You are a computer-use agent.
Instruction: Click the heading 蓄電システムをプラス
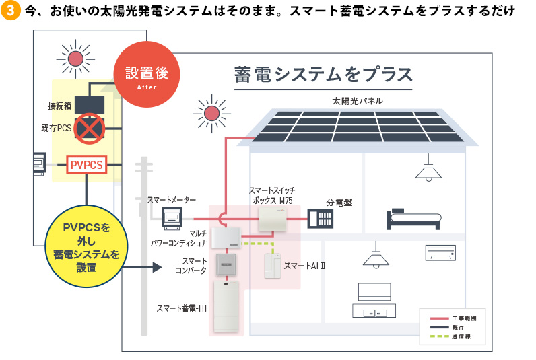[323, 73]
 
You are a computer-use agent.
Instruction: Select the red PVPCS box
[86, 164]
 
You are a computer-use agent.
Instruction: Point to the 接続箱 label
[60, 106]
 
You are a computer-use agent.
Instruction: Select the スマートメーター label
[172, 200]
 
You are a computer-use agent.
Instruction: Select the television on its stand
[373, 300]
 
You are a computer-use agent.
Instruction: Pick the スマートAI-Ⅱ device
[272, 266]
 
